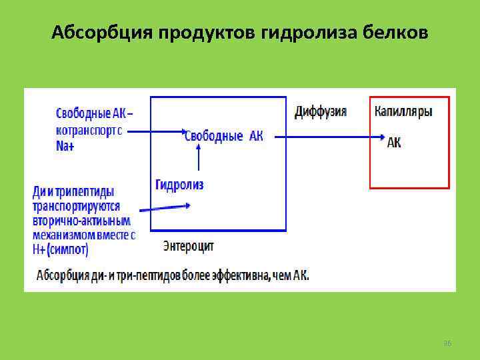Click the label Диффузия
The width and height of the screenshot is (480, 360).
pyautogui.click(x=321, y=111)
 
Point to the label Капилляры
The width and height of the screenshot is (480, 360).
pyautogui.click(x=403, y=111)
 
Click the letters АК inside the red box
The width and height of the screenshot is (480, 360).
pyautogui.click(x=394, y=143)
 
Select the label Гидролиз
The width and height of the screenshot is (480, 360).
pyautogui.click(x=179, y=185)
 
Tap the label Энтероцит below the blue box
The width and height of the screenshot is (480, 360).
pyautogui.click(x=189, y=246)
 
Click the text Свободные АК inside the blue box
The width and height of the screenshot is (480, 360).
pyautogui.click(x=223, y=136)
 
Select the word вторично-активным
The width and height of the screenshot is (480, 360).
pyautogui.click(x=81, y=221)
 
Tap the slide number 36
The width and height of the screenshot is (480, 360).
pyautogui.click(x=447, y=343)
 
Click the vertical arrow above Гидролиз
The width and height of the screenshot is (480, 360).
pyautogui.click(x=198, y=159)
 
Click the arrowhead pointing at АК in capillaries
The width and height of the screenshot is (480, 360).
pyautogui.click(x=380, y=137)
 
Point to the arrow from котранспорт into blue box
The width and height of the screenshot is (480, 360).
pyautogui.click(x=155, y=131)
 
